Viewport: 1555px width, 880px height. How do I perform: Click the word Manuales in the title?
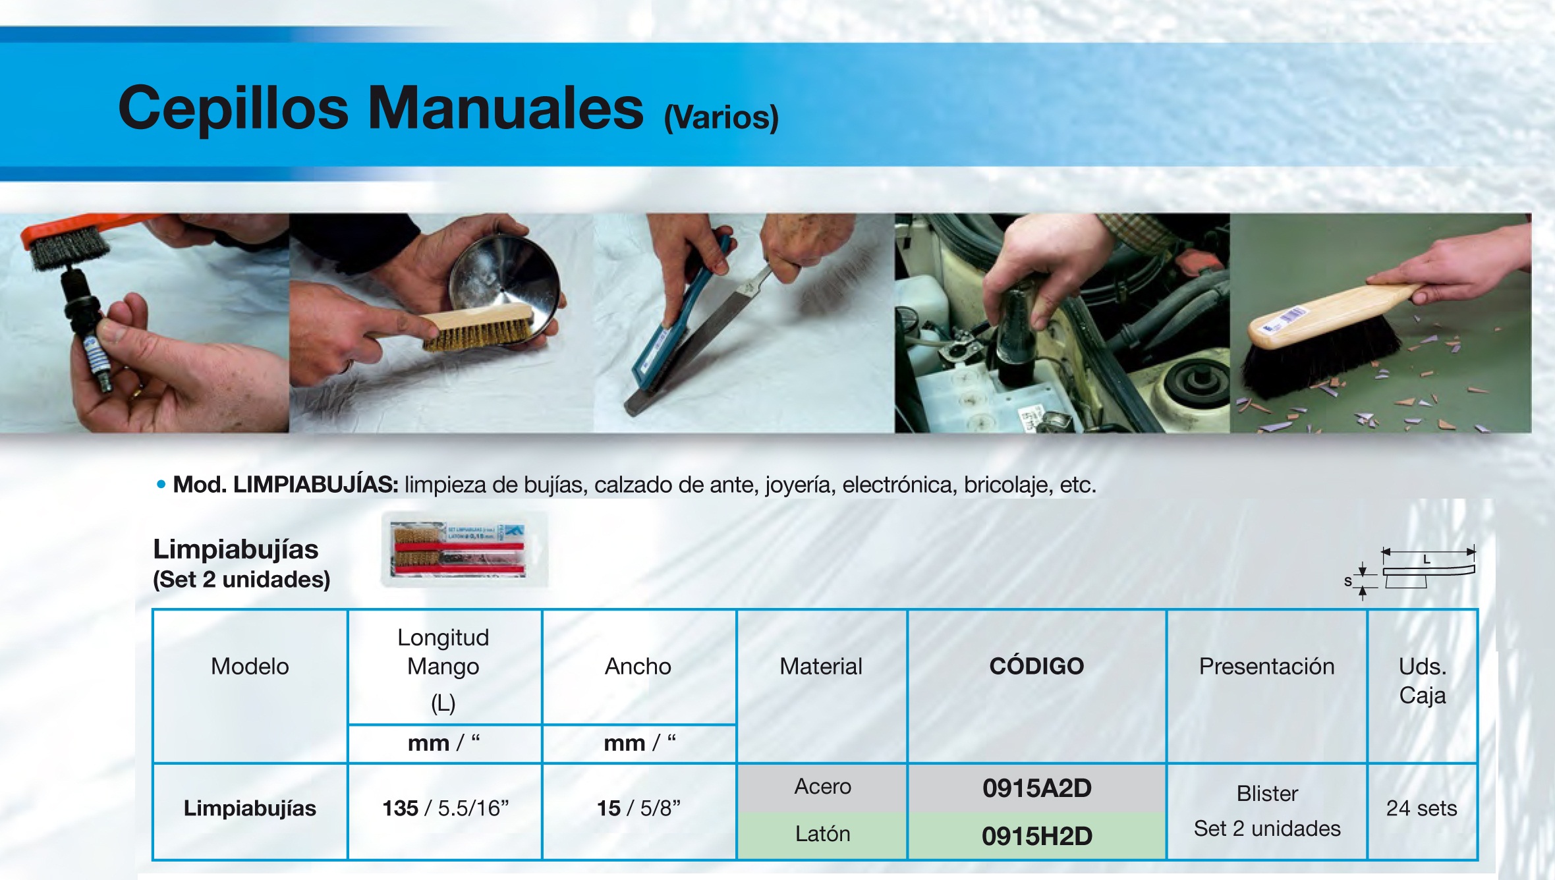(x=505, y=107)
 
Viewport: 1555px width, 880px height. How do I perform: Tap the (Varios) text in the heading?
(x=721, y=117)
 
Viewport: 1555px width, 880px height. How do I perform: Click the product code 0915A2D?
(x=1036, y=788)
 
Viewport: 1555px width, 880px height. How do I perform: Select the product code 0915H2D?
(x=1036, y=836)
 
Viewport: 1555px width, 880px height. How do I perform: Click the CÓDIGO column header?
(x=1036, y=666)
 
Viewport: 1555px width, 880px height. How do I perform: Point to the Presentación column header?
(x=1266, y=667)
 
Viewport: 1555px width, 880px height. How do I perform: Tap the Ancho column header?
(x=638, y=667)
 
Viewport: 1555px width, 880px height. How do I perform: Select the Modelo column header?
(x=250, y=667)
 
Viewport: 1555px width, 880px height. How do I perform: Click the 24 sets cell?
(x=1421, y=808)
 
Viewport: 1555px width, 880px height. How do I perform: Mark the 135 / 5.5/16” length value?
(x=445, y=808)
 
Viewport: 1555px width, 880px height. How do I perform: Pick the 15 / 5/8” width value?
(x=638, y=808)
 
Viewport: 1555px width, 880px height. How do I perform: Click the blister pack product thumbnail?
(x=465, y=549)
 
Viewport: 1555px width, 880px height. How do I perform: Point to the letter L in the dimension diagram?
(x=1427, y=560)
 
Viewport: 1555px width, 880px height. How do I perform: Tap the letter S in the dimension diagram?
(x=1348, y=582)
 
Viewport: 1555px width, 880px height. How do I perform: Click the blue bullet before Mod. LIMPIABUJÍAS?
(x=161, y=485)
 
